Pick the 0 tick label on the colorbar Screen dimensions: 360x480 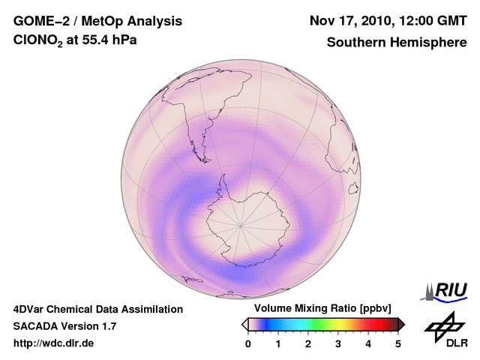[248, 343]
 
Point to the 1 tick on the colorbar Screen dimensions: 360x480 [278, 343]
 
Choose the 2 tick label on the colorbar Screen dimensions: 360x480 [308, 343]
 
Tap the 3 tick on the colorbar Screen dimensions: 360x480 [338, 343]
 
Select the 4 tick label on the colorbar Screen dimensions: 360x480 [368, 343]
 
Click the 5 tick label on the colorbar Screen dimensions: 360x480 [398, 343]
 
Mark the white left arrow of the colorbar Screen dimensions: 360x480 [244, 324]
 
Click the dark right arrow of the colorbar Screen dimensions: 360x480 [402, 324]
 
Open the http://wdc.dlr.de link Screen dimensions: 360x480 [54, 343]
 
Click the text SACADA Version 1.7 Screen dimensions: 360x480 [64, 326]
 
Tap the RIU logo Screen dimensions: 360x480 [445, 289]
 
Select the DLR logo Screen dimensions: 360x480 [442, 330]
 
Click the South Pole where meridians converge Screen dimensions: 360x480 [241, 224]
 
